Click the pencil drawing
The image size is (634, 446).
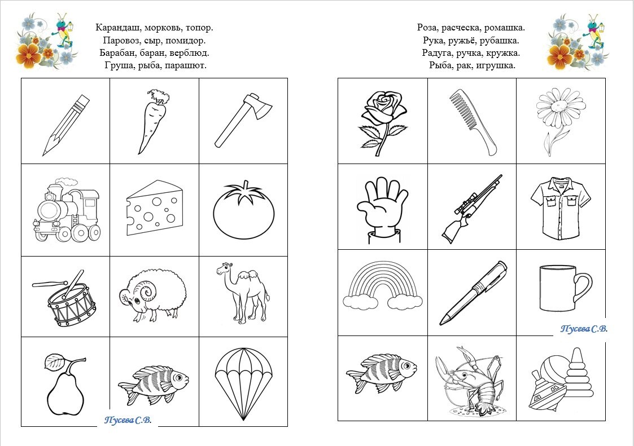click(x=65, y=125)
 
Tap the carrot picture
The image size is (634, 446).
click(x=152, y=121)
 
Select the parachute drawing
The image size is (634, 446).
click(x=243, y=383)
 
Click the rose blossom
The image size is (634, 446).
click(x=383, y=106)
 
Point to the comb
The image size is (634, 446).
click(x=473, y=122)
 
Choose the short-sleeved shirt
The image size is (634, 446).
click(x=561, y=210)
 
